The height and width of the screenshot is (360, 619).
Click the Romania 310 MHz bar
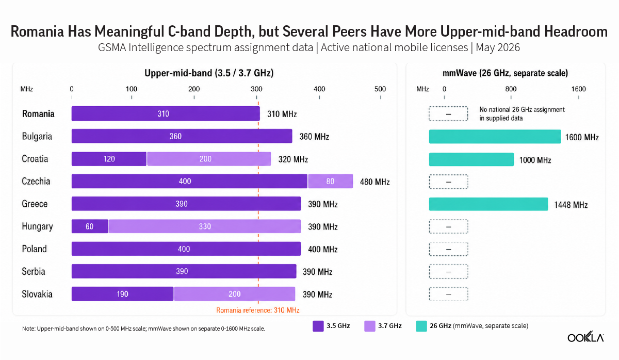point(166,113)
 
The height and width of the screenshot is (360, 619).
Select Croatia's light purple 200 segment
point(209,159)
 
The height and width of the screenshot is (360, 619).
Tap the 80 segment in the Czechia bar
point(331,181)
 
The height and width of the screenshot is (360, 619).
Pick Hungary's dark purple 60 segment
point(90,226)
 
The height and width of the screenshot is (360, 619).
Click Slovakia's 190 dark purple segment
point(122,293)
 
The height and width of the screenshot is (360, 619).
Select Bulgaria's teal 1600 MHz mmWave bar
point(495,137)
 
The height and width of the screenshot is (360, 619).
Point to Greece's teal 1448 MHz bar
point(488,204)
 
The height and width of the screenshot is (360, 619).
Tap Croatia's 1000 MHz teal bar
point(471,159)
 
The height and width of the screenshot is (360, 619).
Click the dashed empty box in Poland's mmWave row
point(448,249)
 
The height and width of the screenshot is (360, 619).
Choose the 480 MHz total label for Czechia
point(374,182)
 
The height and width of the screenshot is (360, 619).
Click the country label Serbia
point(34,271)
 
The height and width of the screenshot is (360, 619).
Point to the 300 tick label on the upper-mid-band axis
point(256,89)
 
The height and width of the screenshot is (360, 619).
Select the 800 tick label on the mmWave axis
point(511,89)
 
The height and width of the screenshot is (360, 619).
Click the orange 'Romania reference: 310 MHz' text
point(258,310)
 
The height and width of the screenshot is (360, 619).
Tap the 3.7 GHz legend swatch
point(370,326)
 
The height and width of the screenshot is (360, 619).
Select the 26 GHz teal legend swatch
point(421,326)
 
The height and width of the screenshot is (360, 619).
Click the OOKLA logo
point(585,336)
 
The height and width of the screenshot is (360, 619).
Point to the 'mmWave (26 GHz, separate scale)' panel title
point(505,73)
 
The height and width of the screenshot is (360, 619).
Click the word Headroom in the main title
point(576,31)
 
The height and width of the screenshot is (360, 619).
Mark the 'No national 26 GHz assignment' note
point(522,110)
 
